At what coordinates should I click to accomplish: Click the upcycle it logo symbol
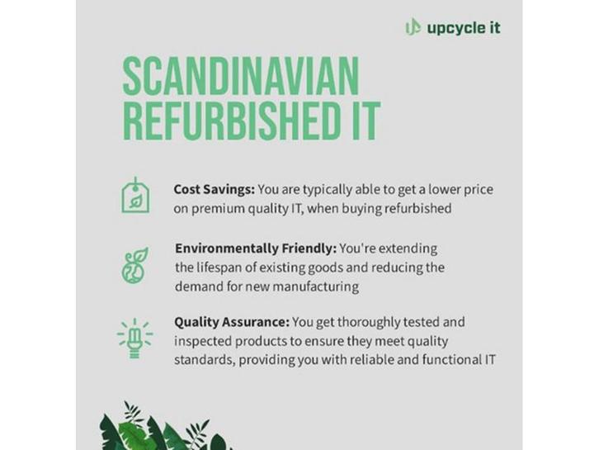pos(413,27)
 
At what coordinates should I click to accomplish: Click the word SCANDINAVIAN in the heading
pos(241,77)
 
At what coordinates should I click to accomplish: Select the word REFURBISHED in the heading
pos(233,121)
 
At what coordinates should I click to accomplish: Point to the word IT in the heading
pos(366,121)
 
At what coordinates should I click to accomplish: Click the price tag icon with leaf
pos(135,195)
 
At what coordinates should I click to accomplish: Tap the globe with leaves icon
pos(135,265)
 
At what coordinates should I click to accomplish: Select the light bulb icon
pos(134,338)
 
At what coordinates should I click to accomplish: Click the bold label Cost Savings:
pos(214,189)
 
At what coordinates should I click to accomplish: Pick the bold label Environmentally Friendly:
pos(256,249)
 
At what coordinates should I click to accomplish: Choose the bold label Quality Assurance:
pos(232,322)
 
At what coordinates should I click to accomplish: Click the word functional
pos(452,360)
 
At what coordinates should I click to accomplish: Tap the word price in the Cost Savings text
pos(479,190)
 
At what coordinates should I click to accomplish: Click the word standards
pos(205,360)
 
